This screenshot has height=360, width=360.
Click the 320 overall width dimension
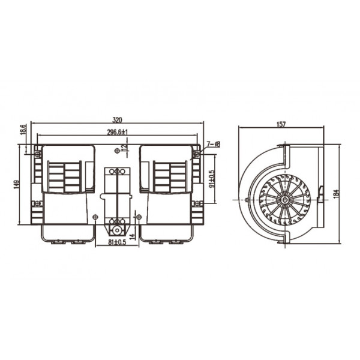point(117,120)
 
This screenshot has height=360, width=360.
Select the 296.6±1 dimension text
point(118,132)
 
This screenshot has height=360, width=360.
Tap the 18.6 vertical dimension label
point(23,130)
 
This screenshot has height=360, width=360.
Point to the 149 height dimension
point(16,184)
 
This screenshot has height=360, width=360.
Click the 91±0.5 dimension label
point(212,179)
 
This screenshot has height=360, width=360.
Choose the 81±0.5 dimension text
point(117,242)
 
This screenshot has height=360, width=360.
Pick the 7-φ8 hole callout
point(214,144)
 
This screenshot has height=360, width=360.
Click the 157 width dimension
point(281,124)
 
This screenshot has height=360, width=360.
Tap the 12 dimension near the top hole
point(125,148)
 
